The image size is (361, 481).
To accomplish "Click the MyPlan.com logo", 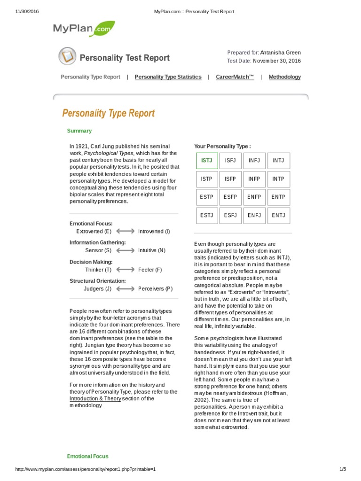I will (84, 29).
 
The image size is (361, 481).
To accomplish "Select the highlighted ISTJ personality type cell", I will (207, 161).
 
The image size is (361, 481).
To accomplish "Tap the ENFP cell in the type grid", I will (254, 197).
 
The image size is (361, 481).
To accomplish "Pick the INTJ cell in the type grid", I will (278, 161).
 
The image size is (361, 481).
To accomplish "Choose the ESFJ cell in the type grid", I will (230, 216).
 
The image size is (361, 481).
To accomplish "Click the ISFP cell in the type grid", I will (230, 179).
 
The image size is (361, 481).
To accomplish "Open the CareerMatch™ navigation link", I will (235, 77).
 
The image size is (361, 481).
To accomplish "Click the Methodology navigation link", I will (284, 77).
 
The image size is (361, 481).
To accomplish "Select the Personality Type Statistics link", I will (168, 77).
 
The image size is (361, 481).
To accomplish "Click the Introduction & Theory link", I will (95, 399).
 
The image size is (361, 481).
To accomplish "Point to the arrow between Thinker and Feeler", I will (125, 270).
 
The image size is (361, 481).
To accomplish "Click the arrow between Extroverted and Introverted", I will (125, 232).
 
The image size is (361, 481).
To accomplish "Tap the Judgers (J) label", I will (97, 289).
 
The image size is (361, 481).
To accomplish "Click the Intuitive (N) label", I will (152, 251).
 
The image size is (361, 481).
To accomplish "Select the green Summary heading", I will (79, 131).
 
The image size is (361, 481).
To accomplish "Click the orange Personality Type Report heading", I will (109, 113).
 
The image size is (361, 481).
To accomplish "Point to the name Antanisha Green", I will (280, 53).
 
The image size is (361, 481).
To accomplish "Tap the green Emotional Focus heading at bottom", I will (87, 456).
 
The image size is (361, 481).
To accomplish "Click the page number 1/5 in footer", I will (342, 469).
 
